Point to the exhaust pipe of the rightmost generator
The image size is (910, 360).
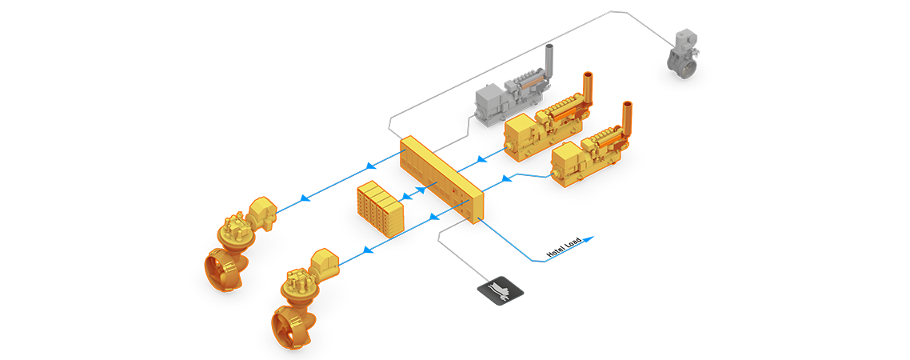(626, 117)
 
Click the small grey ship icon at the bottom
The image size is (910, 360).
(501, 290)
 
